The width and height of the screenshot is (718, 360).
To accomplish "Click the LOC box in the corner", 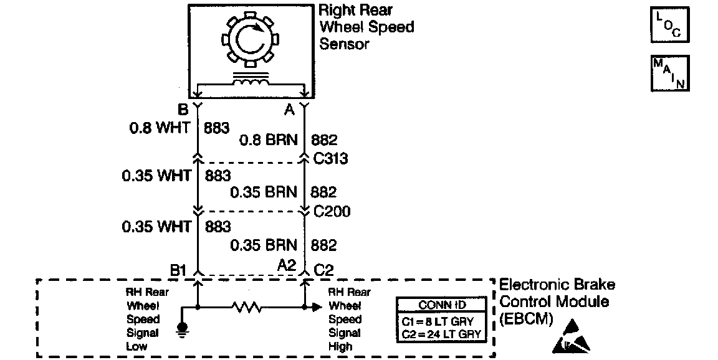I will point(669,25).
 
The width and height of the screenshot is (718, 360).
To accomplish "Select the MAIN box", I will point(669,73).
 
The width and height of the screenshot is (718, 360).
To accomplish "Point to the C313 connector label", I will point(330,159).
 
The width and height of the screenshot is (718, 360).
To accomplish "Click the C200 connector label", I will point(332,212).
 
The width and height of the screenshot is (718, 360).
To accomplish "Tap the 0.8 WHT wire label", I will point(159,129).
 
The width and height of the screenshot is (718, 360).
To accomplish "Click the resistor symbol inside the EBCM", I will point(246,307).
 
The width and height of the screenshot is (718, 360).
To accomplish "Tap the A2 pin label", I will point(286,266).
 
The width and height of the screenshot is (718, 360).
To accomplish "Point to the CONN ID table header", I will point(442,306).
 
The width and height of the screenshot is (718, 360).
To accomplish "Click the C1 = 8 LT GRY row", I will point(442,321).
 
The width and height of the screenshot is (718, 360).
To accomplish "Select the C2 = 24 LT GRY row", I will point(442,334).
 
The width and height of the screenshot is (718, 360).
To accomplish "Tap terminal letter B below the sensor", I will point(183,110).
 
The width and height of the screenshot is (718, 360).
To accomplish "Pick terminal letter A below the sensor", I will point(289,110).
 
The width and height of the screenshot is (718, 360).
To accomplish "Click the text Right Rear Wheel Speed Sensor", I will point(366,27).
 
